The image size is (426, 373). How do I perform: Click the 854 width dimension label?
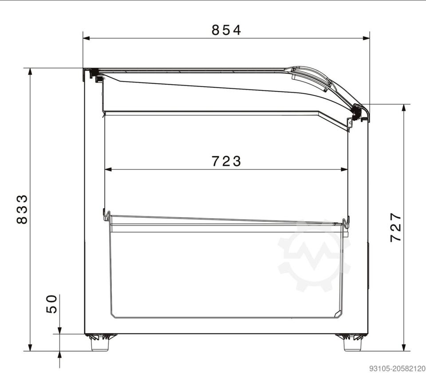pyautogui.click(x=226, y=30)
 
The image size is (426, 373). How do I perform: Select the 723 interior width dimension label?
pyautogui.click(x=226, y=161)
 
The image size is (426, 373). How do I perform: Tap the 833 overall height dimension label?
pyautogui.click(x=22, y=209)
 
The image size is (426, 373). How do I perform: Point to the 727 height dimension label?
pyautogui.click(x=395, y=228)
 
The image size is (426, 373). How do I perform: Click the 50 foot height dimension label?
pyautogui.click(x=51, y=304)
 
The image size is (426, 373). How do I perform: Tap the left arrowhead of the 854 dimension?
pyautogui.click(x=87, y=38)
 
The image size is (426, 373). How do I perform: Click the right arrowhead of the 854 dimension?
pyautogui.click(x=366, y=38)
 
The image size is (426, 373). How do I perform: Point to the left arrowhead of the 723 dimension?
pyautogui.click(x=108, y=169)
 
